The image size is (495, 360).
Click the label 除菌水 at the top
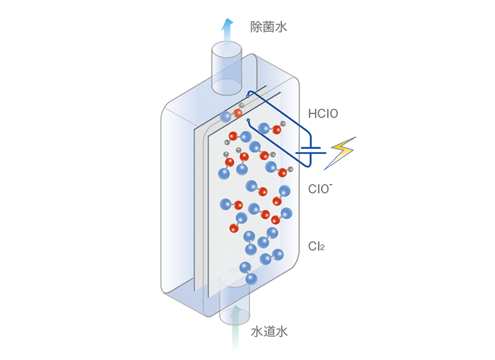click(x=268, y=27)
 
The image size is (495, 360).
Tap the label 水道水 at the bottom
click(x=269, y=331)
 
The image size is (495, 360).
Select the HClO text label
click(x=323, y=113)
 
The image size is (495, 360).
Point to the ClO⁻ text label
click(x=320, y=189)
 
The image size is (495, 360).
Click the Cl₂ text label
click(x=317, y=246)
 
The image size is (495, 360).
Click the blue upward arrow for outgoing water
click(x=227, y=31)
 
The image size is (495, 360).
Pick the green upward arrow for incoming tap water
click(x=234, y=327)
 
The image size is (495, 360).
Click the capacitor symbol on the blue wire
click(x=311, y=150)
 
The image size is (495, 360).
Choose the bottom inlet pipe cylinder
click(x=234, y=298)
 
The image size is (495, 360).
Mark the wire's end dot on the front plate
click(x=248, y=120)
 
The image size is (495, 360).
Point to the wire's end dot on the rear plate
click(x=248, y=96)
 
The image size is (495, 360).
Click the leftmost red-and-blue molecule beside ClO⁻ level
click(x=231, y=205)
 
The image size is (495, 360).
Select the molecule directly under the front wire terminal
click(x=272, y=128)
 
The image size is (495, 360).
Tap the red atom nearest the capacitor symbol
click(x=282, y=172)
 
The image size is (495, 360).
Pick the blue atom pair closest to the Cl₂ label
click(x=272, y=257)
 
